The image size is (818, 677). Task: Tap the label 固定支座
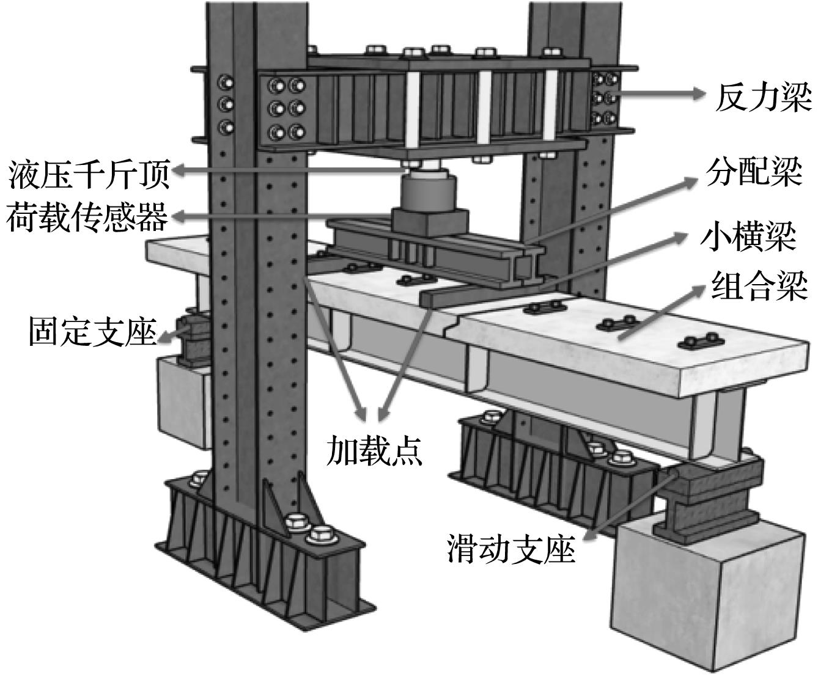pyautogui.click(x=92, y=331)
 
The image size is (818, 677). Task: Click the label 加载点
pyautogui.click(x=374, y=450)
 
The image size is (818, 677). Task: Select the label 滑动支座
pyautogui.click(x=511, y=549)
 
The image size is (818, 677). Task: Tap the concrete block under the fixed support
pyautogui.click(x=181, y=400)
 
